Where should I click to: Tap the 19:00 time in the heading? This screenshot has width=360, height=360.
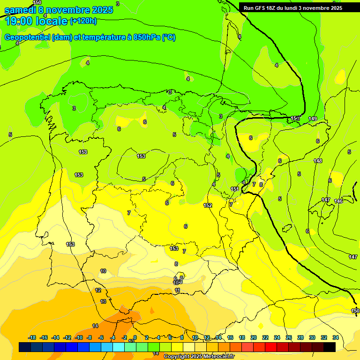[x=19, y=21]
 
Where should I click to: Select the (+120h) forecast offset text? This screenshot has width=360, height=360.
[x=83, y=21]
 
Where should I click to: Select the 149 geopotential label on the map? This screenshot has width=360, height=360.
[x=313, y=119]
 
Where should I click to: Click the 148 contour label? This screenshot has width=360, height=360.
[x=318, y=161]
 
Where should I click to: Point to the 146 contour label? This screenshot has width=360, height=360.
[x=339, y=201]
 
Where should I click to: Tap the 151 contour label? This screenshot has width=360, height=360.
[x=235, y=189]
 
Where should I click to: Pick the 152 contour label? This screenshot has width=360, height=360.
[x=208, y=205]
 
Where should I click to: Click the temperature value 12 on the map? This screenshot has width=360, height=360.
[x=98, y=290]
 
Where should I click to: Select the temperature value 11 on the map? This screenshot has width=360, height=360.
[x=177, y=291]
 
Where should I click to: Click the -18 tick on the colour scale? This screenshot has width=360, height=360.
[x=32, y=337]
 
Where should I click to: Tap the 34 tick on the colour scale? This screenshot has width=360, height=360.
[x=336, y=337]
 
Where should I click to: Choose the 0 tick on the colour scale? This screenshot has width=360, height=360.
[x=135, y=337]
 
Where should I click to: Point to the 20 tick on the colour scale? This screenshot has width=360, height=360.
[x=254, y=337]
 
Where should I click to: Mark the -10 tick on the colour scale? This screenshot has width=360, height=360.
[x=78, y=337]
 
